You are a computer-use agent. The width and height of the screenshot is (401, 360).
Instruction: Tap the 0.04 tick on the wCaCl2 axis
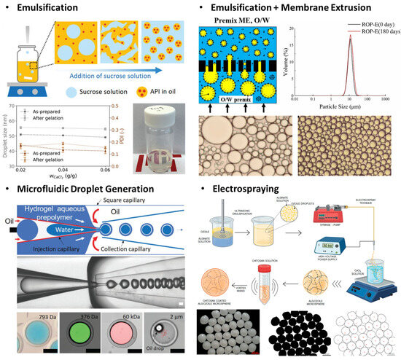(x=72, y=168)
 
